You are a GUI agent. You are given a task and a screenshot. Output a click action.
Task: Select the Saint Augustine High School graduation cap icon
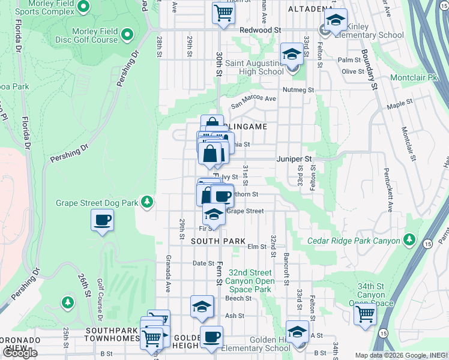292,55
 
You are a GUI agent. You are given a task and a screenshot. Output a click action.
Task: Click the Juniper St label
295,159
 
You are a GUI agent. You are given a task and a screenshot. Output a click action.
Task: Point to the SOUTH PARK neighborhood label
218,241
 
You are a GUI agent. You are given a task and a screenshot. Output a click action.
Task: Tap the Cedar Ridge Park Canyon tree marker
409,240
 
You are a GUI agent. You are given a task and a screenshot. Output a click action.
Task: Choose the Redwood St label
261,29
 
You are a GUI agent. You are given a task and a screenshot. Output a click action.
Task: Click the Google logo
20,353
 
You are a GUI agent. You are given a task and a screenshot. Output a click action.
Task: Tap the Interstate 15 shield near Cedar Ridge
427,244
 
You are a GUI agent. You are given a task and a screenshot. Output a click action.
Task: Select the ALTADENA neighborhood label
309,9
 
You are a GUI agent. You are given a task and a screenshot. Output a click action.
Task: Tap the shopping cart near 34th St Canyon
365,313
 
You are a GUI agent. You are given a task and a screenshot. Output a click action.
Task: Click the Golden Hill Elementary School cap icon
298,331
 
